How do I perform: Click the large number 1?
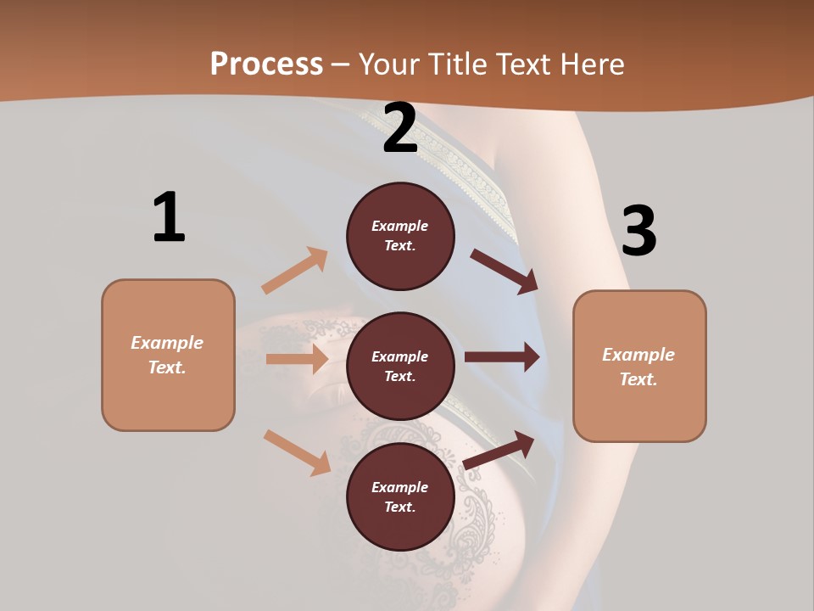[169, 217]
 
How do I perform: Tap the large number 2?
[400, 129]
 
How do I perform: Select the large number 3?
[638, 231]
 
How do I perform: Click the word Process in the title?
[266, 64]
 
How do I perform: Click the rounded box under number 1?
[168, 355]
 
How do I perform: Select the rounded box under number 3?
[639, 366]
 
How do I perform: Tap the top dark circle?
[400, 236]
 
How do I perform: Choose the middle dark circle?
[400, 366]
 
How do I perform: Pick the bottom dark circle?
[400, 496]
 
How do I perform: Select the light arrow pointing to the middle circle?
[297, 359]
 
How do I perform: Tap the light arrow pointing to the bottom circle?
[297, 452]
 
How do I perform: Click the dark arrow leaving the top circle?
[504, 272]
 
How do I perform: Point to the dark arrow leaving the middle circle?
[501, 357]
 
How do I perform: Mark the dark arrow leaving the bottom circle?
[499, 451]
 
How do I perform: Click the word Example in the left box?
[167, 343]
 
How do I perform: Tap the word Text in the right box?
[638, 379]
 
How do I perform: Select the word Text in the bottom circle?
[399, 507]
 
